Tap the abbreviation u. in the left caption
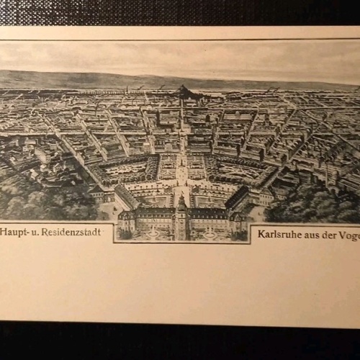point(35,233)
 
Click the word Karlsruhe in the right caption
point(281,234)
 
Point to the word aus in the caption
point(316,234)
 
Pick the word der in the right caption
point(336,234)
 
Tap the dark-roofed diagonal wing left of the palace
point(127,195)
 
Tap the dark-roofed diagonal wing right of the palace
point(237,197)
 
